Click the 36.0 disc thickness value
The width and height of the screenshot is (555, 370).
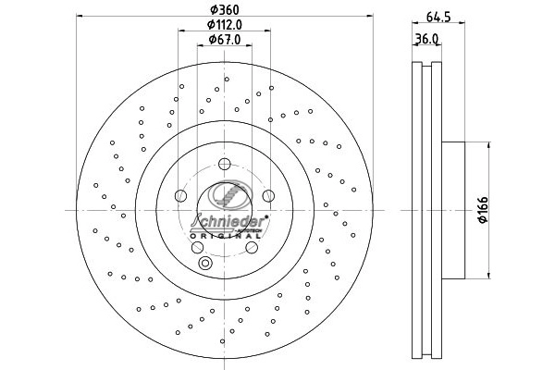[426, 39]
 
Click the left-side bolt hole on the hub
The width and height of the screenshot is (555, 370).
[180, 196]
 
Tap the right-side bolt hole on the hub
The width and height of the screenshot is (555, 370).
[268, 196]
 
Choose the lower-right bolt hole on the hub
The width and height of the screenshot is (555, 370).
[252, 247]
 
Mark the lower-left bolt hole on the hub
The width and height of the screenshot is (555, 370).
[198, 247]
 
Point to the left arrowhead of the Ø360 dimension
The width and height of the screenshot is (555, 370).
[79, 17]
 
